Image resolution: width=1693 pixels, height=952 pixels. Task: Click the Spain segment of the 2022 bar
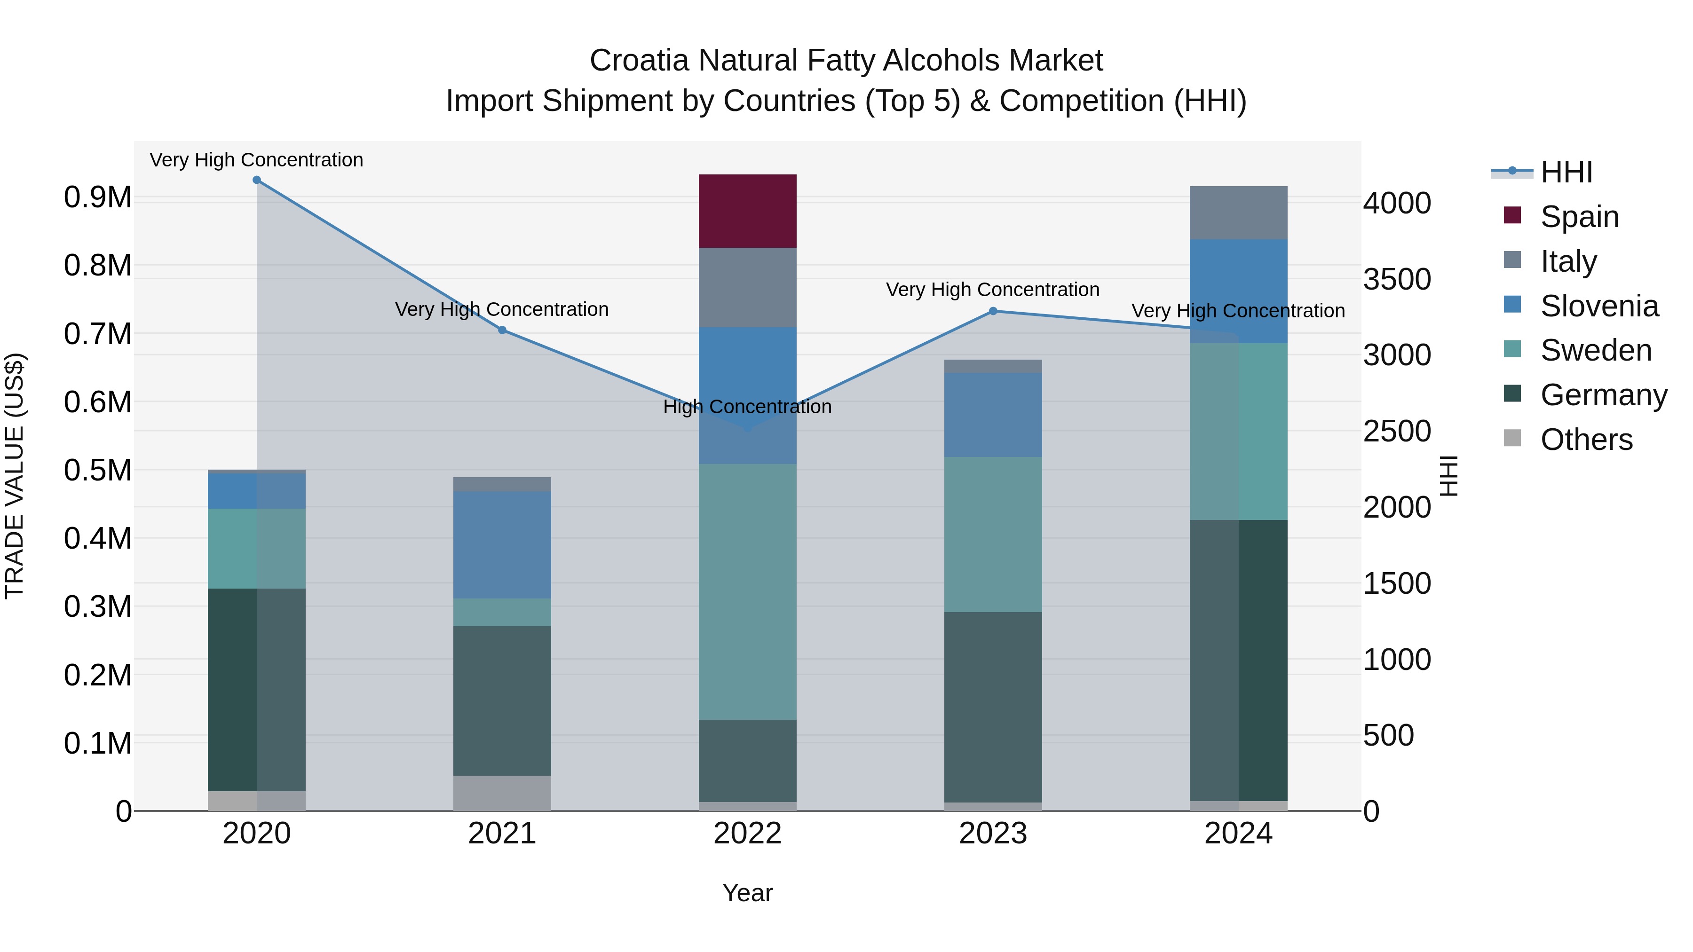click(x=747, y=211)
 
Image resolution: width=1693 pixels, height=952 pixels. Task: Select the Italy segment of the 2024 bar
click(x=1238, y=213)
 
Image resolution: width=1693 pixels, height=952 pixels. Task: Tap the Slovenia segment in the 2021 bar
click(x=502, y=545)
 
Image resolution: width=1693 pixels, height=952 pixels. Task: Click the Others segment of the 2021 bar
click(x=502, y=793)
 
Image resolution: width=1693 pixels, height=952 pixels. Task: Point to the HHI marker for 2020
click(x=257, y=180)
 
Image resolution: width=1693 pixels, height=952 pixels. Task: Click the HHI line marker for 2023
click(x=993, y=311)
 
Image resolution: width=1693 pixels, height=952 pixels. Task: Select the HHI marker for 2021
click(x=502, y=330)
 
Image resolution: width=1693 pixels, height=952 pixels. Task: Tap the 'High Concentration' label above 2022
click(x=747, y=407)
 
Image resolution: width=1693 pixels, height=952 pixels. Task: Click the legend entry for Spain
click(x=1579, y=216)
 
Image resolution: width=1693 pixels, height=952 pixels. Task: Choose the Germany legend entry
click(x=1604, y=395)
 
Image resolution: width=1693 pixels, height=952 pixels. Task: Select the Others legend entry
click(x=1586, y=440)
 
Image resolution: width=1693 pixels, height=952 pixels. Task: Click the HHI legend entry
click(x=1566, y=172)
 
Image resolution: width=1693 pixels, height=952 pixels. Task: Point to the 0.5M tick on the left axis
click(x=98, y=471)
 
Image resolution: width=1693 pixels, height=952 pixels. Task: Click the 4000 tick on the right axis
click(x=1397, y=203)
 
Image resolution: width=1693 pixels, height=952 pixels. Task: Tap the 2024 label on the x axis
click(x=1238, y=834)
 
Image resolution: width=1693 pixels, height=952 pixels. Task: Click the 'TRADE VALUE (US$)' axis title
click(x=15, y=476)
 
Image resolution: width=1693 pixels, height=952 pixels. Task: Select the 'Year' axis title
click(x=747, y=893)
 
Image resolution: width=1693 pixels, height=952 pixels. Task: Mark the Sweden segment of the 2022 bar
click(x=747, y=591)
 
